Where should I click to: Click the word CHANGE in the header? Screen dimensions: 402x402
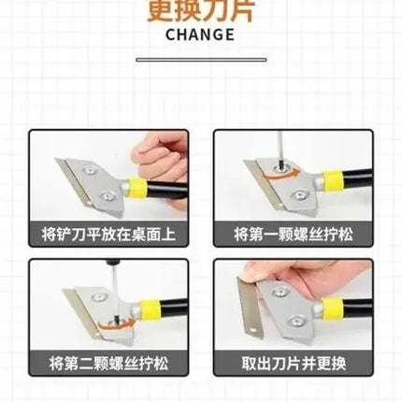(x=200, y=35)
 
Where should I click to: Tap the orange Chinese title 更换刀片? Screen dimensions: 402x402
(x=201, y=11)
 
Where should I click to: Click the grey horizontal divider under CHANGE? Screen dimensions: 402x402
(x=201, y=60)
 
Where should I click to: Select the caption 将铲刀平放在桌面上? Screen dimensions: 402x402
(x=108, y=234)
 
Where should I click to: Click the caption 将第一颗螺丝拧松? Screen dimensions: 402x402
(x=294, y=234)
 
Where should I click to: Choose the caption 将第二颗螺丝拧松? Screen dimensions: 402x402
(x=108, y=363)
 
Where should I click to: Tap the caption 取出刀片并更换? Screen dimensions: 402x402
(x=294, y=363)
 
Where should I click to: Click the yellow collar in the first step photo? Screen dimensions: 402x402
(x=137, y=188)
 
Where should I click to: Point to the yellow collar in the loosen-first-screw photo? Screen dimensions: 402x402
(x=333, y=180)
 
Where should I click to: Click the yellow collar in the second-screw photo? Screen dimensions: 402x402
(x=150, y=309)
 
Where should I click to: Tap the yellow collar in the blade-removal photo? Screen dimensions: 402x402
(x=333, y=309)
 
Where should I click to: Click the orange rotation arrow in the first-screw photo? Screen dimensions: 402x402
(x=280, y=174)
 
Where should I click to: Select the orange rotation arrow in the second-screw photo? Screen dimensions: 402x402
(x=114, y=324)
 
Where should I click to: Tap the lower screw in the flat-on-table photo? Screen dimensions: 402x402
(x=108, y=196)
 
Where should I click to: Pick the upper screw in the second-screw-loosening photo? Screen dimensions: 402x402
(x=101, y=296)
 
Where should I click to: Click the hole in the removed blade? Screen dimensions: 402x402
(x=253, y=329)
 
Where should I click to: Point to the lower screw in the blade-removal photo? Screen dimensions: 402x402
(x=297, y=321)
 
